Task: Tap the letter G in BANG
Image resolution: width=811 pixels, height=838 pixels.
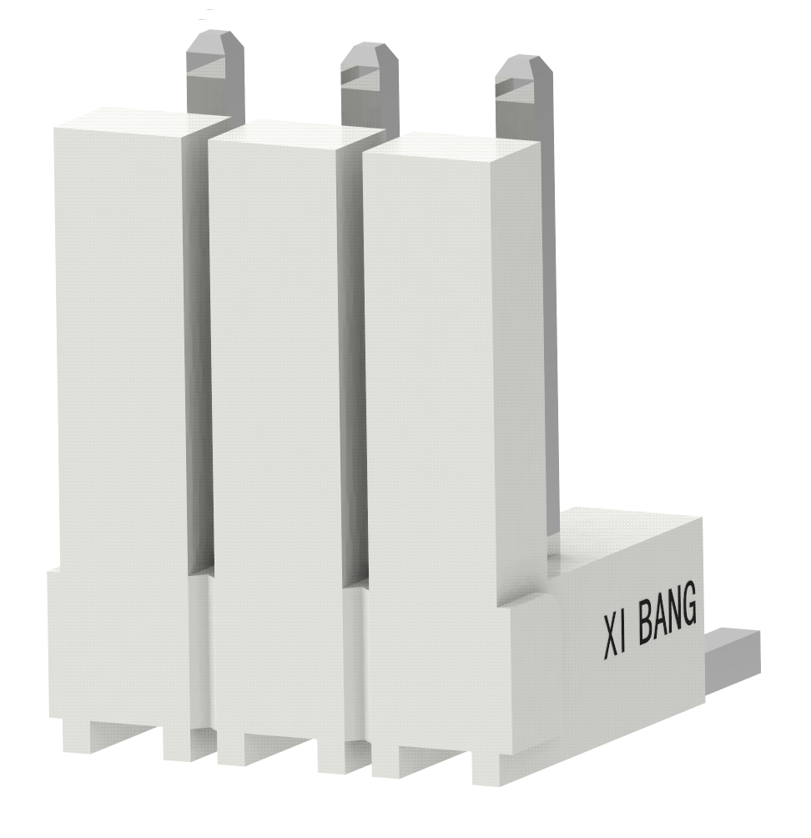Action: click(687, 611)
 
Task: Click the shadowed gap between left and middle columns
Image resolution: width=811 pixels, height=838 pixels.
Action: click(199, 351)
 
